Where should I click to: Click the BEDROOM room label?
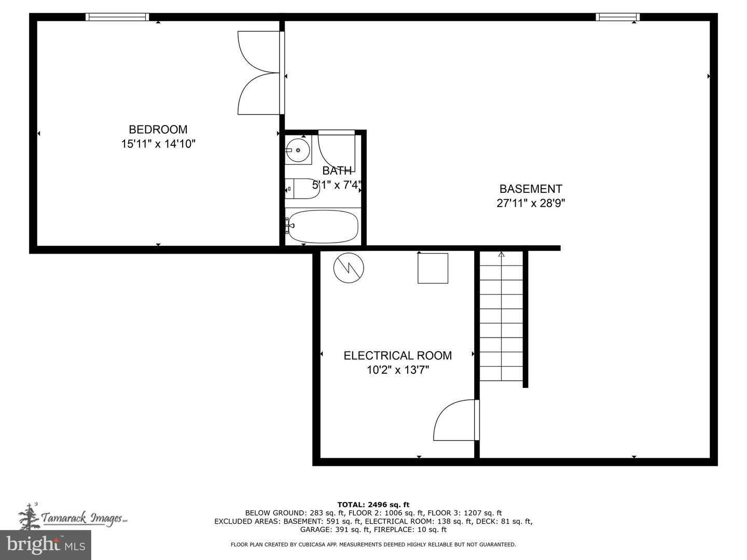pyautogui.click(x=158, y=130)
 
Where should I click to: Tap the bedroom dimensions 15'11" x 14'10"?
pyautogui.click(x=158, y=144)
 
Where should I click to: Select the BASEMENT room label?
pyautogui.click(x=530, y=189)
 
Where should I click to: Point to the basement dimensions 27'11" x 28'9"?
pyautogui.click(x=530, y=203)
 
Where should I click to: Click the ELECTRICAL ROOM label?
pyautogui.click(x=397, y=356)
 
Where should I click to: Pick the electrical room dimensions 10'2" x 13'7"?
pyautogui.click(x=397, y=370)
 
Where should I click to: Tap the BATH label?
pyautogui.click(x=337, y=171)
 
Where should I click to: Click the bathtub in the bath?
pyautogui.click(x=323, y=226)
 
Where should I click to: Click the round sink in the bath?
pyautogui.click(x=298, y=150)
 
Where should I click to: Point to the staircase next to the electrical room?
pyautogui.click(x=501, y=316)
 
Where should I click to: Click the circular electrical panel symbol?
pyautogui.click(x=349, y=268)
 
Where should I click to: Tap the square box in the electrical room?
pyautogui.click(x=433, y=268)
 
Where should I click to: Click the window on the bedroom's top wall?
pyautogui.click(x=117, y=17)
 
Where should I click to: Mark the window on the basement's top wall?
pyautogui.click(x=617, y=17)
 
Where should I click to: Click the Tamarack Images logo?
pyautogui.click(x=73, y=516)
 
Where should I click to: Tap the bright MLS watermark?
pyautogui.click(x=46, y=544)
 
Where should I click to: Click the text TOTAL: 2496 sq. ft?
pyautogui.click(x=373, y=505)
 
